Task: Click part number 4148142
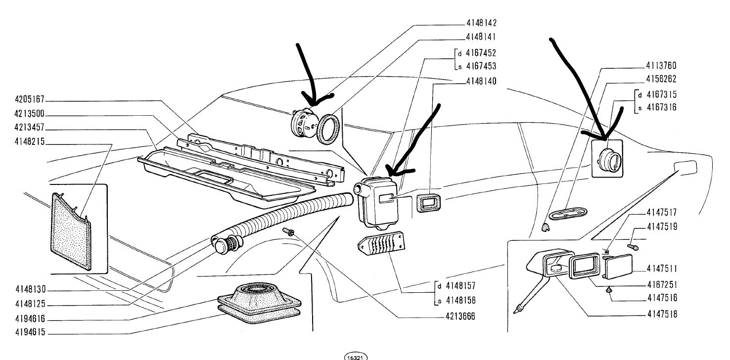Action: pyautogui.click(x=481, y=23)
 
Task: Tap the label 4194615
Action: pyautogui.click(x=29, y=333)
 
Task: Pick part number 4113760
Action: pyautogui.click(x=662, y=66)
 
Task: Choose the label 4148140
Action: pyautogui.click(x=481, y=80)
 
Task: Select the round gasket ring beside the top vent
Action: pyautogui.click(x=328, y=129)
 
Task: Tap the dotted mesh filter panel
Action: pyautogui.click(x=72, y=232)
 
